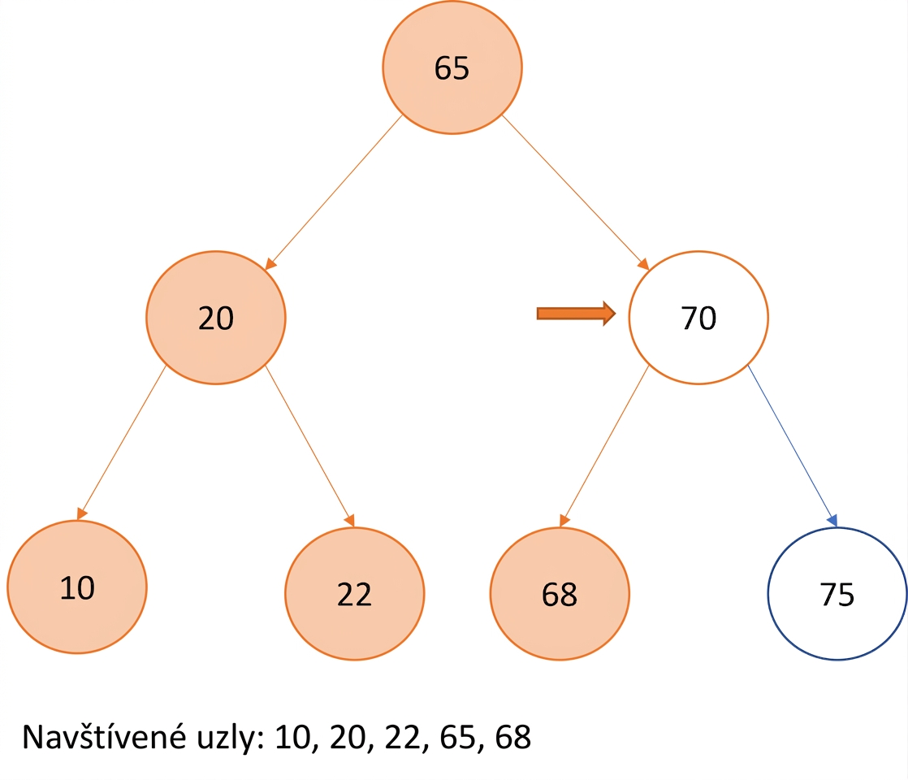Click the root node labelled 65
[452, 67]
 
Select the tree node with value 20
[216, 318]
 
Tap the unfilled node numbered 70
[698, 318]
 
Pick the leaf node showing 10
[77, 587]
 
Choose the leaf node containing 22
[354, 593]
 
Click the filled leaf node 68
[560, 593]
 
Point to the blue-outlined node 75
[837, 593]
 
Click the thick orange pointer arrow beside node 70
[576, 314]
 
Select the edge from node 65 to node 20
[334, 193]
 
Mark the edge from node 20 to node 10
[122, 443]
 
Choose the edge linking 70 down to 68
[604, 446]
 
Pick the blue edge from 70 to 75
[793, 446]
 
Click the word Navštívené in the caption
[104, 737]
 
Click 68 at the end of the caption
[513, 738]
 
